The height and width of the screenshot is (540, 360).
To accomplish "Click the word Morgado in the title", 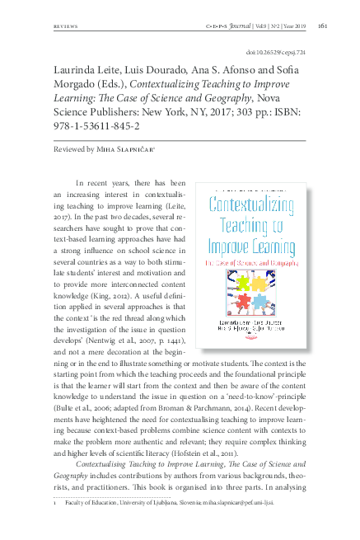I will (x=81, y=86).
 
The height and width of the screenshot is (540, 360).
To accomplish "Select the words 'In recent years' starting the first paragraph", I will (x=103, y=181).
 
